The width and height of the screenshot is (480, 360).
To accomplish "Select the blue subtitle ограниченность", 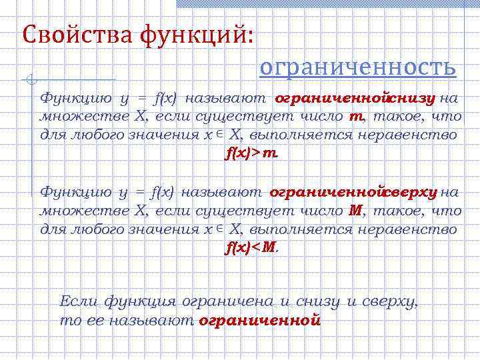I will coord(357,67).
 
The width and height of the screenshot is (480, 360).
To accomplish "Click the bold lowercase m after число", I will coord(354,117).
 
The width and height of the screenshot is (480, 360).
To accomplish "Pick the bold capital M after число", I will coord(355,211).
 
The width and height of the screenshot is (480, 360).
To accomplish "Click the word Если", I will coord(79,301).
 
